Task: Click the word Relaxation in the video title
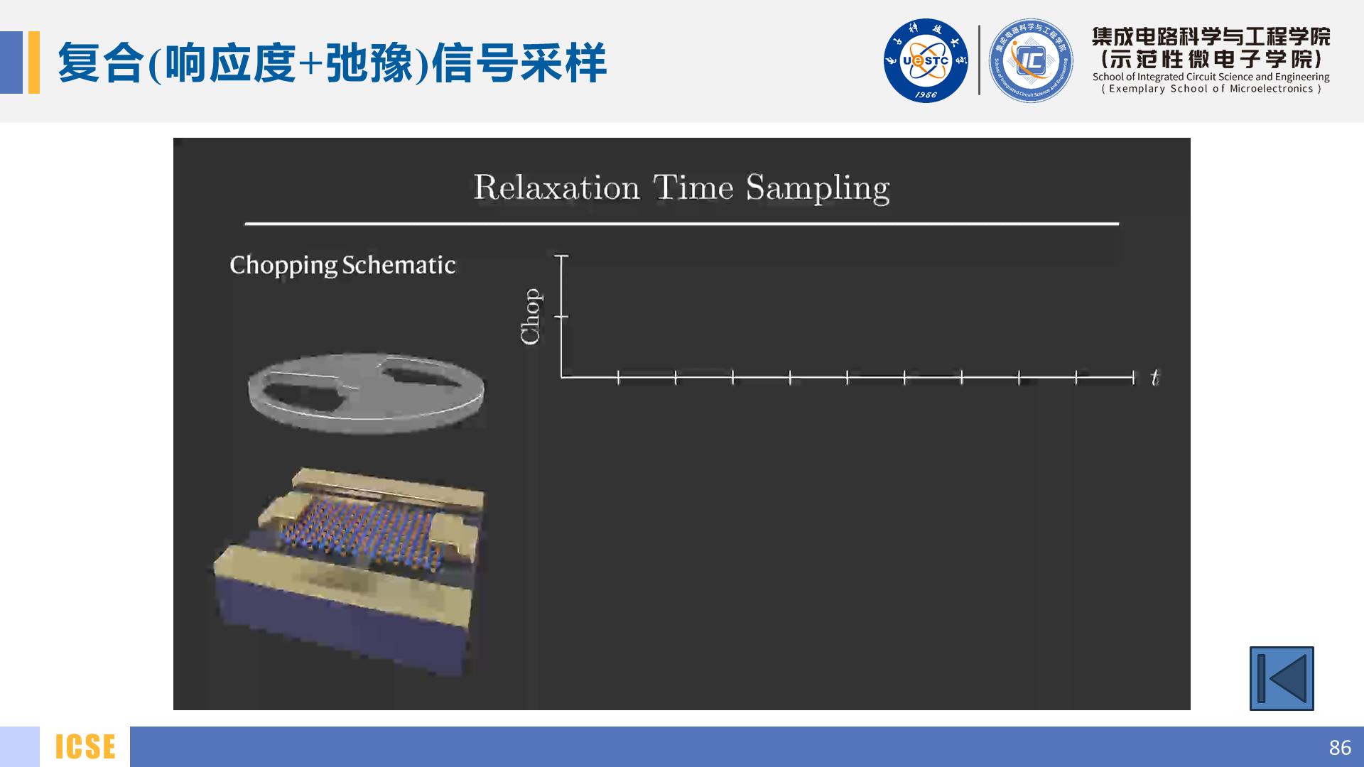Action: pyautogui.click(x=556, y=188)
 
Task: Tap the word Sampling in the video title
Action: pyautogui.click(x=817, y=188)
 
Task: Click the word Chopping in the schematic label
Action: pyautogui.click(x=283, y=266)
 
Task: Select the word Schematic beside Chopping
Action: pyautogui.click(x=399, y=265)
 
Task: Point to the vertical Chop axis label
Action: pyautogui.click(x=531, y=316)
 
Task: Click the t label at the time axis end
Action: pyautogui.click(x=1154, y=377)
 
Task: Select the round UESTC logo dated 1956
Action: pyautogui.click(x=925, y=61)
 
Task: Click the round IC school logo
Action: pyautogui.click(x=1030, y=61)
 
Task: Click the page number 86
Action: pyautogui.click(x=1339, y=747)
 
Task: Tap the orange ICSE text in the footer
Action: pyautogui.click(x=85, y=747)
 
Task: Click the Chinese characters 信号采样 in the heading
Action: pyautogui.click(x=519, y=62)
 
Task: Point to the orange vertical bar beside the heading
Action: pyautogui.click(x=34, y=62)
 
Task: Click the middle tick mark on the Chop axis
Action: pyautogui.click(x=561, y=316)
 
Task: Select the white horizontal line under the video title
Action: pyautogui.click(x=682, y=224)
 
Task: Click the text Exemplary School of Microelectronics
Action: pyautogui.click(x=1211, y=89)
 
